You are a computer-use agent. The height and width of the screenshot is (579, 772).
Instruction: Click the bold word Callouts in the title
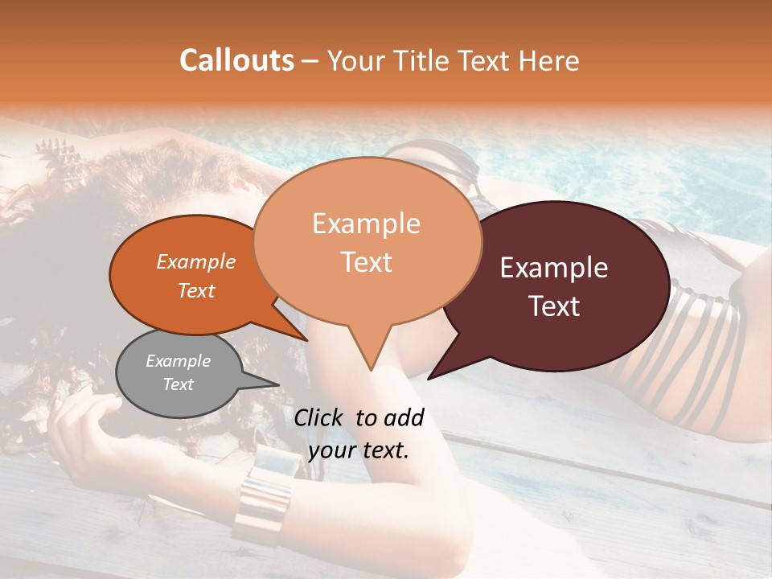236,60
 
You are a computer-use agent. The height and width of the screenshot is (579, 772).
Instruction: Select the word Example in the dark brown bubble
554,268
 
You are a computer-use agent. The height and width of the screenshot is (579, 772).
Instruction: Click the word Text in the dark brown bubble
554,306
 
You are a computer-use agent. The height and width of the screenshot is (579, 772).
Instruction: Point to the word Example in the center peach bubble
366,224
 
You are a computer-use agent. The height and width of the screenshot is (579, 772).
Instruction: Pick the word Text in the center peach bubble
366,262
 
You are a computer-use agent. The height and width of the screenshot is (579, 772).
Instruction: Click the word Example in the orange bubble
195,261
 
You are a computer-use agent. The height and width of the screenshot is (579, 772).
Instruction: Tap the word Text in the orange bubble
195,290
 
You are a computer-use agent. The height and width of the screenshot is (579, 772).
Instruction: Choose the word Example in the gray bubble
178,361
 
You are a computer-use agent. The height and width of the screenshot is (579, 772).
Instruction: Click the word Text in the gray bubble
178,384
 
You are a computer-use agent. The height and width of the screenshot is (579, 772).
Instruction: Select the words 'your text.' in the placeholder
359,451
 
